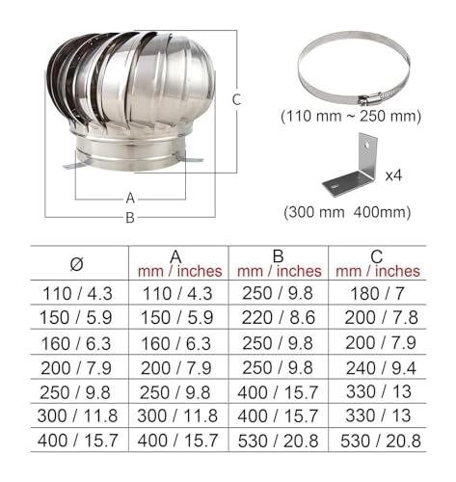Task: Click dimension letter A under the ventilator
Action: tap(130, 199)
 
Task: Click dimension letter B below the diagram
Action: tap(130, 218)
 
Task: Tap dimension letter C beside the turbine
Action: tap(236, 99)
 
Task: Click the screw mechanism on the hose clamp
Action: tap(369, 99)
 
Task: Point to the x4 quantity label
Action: tap(393, 175)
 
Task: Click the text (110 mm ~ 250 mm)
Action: tap(351, 117)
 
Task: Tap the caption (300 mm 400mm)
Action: tap(347, 212)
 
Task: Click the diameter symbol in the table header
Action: tap(76, 264)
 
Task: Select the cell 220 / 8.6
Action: tap(279, 318)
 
